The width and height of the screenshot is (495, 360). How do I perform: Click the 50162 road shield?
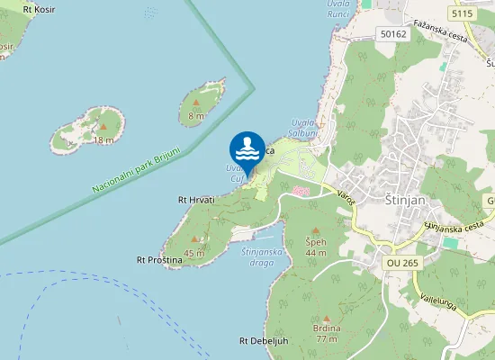click(394, 34)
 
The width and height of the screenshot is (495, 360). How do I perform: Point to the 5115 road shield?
click(463, 13)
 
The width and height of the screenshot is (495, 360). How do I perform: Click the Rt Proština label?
click(159, 259)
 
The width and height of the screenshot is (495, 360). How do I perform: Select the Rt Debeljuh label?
click(263, 341)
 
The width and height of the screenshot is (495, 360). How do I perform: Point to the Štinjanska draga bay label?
click(264, 256)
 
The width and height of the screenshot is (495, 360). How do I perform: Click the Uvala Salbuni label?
click(305, 128)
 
